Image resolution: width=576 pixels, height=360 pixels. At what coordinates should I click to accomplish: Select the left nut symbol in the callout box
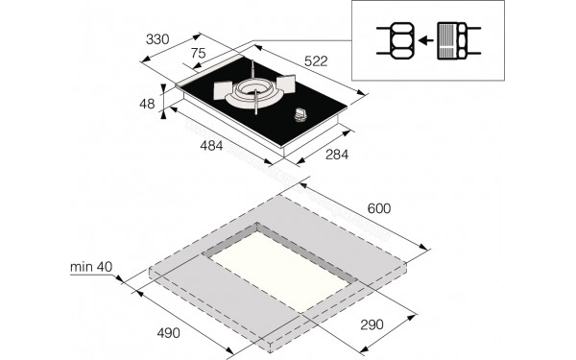[397, 40]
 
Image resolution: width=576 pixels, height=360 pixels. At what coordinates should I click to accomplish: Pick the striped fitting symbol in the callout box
[452, 40]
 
